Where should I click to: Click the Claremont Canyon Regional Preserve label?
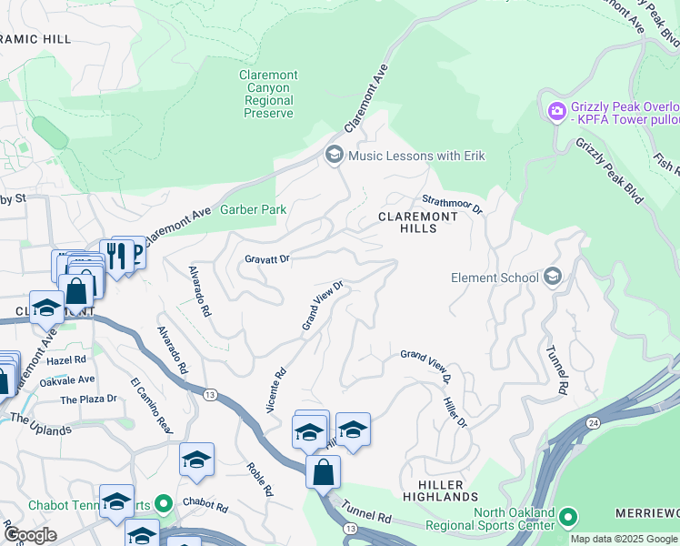click(268, 95)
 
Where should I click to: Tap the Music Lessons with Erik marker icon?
click(334, 156)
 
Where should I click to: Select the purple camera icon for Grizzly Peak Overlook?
click(556, 111)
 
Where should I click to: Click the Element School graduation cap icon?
click(552, 278)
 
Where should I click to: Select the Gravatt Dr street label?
click(266, 259)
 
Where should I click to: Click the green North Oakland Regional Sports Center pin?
click(569, 518)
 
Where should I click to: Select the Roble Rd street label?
click(260, 479)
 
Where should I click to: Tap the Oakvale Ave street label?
click(67, 379)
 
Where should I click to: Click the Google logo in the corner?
click(30, 535)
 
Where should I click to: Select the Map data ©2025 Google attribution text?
click(624, 539)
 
